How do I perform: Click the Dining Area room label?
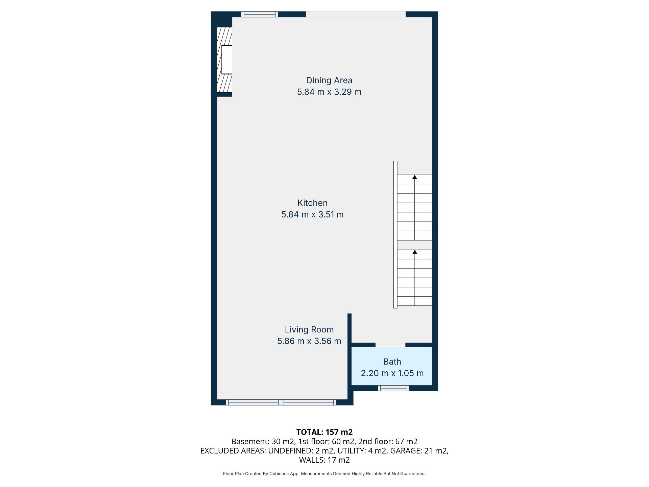tap(329, 80)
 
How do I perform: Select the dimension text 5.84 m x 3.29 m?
tap(329, 92)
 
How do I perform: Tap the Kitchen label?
tap(312, 203)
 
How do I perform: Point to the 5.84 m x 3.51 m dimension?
tap(312, 214)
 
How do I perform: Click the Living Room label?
tap(309, 329)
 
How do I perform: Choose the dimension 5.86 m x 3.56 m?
tap(309, 341)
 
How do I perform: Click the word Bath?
tap(392, 362)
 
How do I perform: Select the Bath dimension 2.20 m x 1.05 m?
tap(392, 373)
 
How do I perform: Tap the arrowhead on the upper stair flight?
tap(415, 177)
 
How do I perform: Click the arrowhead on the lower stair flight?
tap(415, 252)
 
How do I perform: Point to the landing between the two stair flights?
tap(415, 245)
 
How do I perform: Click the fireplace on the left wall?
tap(224, 60)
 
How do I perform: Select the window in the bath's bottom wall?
tap(393, 388)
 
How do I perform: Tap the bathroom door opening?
tap(390, 345)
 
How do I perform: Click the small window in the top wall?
tap(260, 14)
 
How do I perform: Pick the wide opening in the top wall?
tap(356, 14)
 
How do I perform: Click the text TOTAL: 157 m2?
tap(324, 432)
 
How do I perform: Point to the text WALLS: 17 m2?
tap(324, 460)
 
